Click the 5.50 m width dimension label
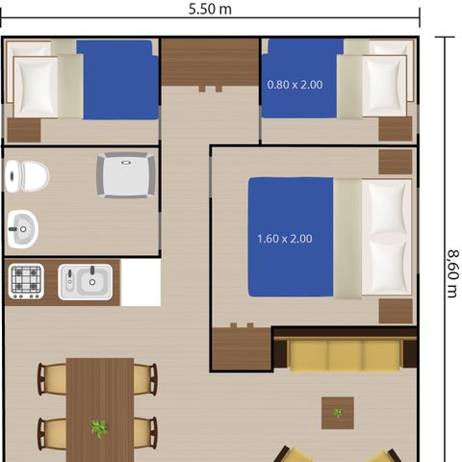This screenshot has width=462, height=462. point(211,10)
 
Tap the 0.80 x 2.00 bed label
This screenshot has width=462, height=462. point(295,85)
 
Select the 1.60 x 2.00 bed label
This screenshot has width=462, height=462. point(285,238)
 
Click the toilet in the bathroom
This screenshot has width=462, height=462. point(26,175)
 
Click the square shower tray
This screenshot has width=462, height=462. point(120,174)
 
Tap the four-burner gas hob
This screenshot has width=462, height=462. point(27,281)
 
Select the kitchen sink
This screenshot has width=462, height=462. point(86,282)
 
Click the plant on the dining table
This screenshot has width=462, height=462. point(98,427)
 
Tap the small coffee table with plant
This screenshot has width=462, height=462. point(337,412)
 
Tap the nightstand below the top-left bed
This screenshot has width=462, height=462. point(24,130)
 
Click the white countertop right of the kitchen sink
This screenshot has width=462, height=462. point(140,282)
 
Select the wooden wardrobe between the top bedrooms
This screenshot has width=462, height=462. point(210,64)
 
